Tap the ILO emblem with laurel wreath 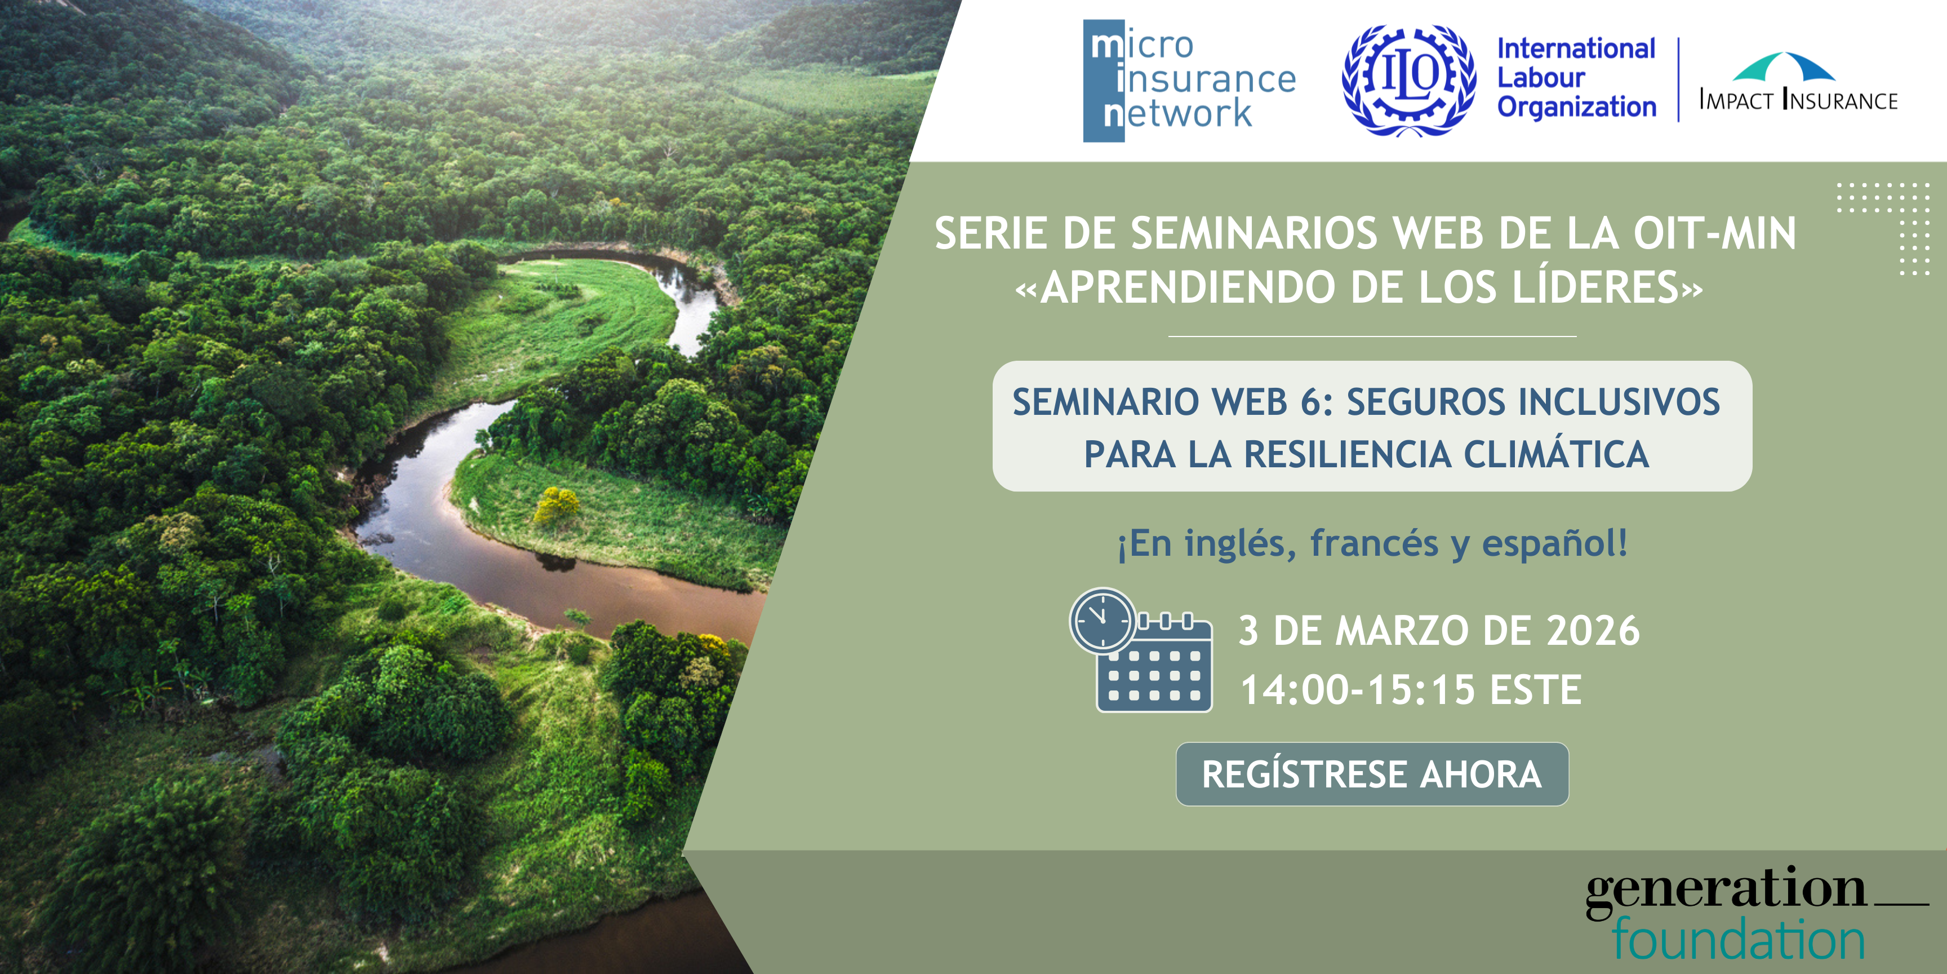(1408, 80)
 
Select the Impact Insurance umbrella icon (1784, 67)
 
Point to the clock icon (1103, 621)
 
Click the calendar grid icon (1155, 664)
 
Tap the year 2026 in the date (1593, 631)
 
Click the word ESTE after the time (1536, 690)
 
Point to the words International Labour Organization (1577, 78)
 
